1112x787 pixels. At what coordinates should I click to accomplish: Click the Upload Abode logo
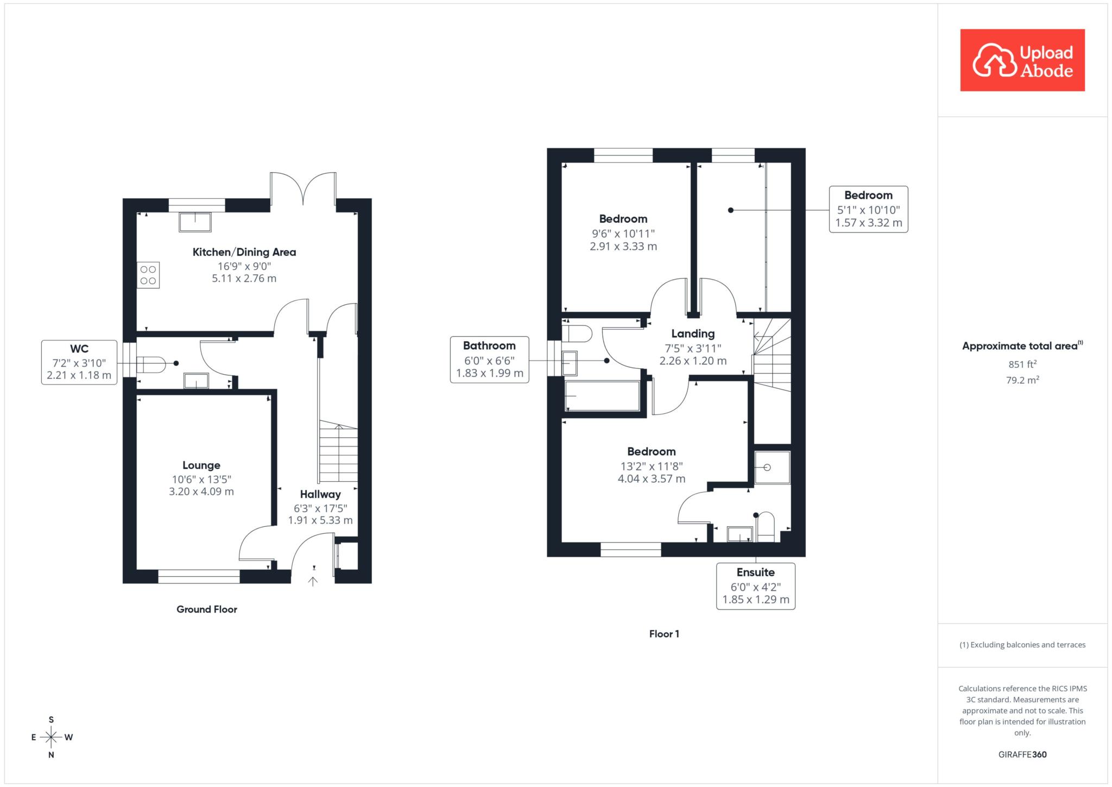tap(1022, 60)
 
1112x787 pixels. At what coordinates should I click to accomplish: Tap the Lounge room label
tap(201, 465)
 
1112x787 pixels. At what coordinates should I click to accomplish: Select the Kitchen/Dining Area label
tap(244, 252)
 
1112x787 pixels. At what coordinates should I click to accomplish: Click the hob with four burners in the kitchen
tap(148, 275)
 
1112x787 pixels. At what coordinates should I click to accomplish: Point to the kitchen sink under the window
tap(195, 222)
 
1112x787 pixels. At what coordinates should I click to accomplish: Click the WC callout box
tap(79, 362)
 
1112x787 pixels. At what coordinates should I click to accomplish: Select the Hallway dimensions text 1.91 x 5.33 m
tap(320, 520)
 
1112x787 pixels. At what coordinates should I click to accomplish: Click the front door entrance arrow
tap(313, 581)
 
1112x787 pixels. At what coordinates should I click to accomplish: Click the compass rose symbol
tap(51, 737)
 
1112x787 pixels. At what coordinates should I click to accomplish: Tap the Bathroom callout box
tap(489, 360)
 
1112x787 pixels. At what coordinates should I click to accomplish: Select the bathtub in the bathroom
tap(603, 395)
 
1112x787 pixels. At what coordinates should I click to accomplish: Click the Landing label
tap(693, 333)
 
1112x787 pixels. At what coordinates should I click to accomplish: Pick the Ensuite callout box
tap(756, 586)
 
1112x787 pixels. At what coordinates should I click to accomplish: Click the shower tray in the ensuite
tap(772, 467)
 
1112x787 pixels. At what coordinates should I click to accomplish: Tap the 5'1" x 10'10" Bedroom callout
tap(869, 209)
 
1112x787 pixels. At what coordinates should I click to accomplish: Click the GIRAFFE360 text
tap(1022, 754)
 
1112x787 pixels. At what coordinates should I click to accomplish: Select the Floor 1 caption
tap(664, 634)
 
